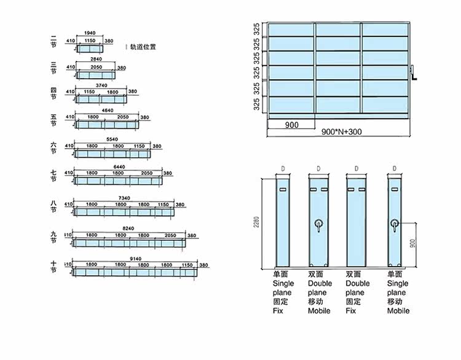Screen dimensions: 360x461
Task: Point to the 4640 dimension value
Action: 108,110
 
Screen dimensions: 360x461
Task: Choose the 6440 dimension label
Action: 119,166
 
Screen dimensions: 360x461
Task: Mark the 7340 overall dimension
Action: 125,198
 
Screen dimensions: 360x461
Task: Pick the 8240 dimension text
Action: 128,228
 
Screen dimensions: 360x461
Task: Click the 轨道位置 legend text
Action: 143,47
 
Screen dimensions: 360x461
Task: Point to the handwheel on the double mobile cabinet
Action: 318,224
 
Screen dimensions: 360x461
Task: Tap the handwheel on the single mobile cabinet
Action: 395,225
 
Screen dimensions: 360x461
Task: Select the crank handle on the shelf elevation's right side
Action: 415,74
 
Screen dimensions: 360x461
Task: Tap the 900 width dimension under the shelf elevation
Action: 291,125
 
